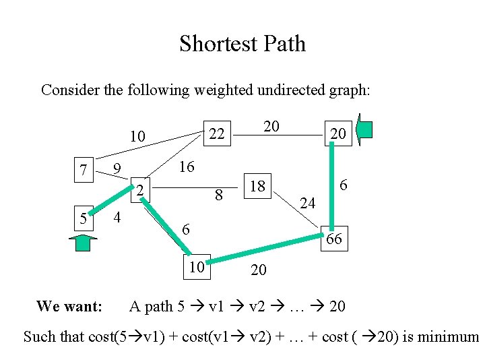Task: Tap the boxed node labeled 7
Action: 84,171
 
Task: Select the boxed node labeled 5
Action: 82,219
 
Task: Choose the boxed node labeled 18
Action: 257,186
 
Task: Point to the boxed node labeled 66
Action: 334,239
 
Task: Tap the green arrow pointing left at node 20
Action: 364,131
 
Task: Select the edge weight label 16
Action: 186,166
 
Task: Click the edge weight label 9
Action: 117,168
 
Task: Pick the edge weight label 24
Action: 308,202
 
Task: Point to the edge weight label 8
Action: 218,196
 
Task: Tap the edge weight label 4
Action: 117,218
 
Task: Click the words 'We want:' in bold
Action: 69,307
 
